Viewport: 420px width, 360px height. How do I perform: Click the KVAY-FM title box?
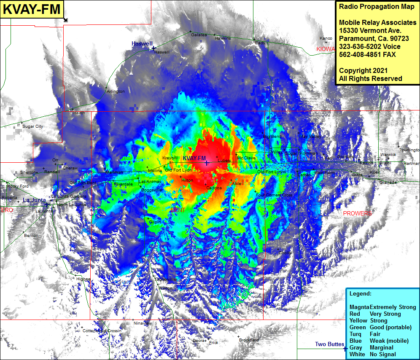[32, 10]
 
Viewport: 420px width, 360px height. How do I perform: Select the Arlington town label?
[116, 91]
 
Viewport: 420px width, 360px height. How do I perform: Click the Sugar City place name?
[33, 126]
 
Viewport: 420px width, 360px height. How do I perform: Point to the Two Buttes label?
[329, 344]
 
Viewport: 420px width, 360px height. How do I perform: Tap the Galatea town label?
[199, 35]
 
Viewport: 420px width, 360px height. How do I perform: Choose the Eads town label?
[260, 43]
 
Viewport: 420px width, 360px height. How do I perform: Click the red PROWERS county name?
[358, 214]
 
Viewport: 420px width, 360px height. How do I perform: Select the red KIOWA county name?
[325, 49]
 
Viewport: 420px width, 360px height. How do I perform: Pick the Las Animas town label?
[149, 182]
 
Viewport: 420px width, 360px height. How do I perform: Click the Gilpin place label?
[155, 222]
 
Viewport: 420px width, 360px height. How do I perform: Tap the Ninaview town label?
[143, 323]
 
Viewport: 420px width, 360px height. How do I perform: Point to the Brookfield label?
[249, 340]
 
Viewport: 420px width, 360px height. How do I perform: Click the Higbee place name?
[83, 279]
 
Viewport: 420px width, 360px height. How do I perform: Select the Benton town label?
[31, 236]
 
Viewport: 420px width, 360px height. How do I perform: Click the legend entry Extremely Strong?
[393, 307]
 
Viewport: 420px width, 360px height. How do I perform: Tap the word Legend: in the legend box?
[361, 294]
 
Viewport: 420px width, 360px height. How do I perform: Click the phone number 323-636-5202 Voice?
[370, 47]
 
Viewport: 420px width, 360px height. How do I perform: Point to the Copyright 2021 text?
[363, 71]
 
